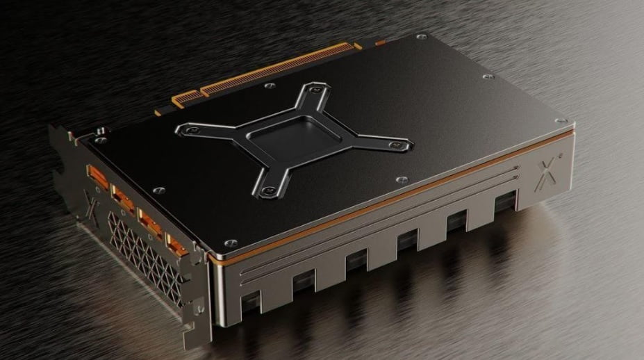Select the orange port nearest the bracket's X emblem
[x=96, y=176]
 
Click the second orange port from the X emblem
[x=123, y=198]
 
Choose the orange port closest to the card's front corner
[x=176, y=245]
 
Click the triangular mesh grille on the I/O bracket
[x=142, y=257]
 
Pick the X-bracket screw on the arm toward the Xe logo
[x=397, y=145]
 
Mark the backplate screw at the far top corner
[x=418, y=36]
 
